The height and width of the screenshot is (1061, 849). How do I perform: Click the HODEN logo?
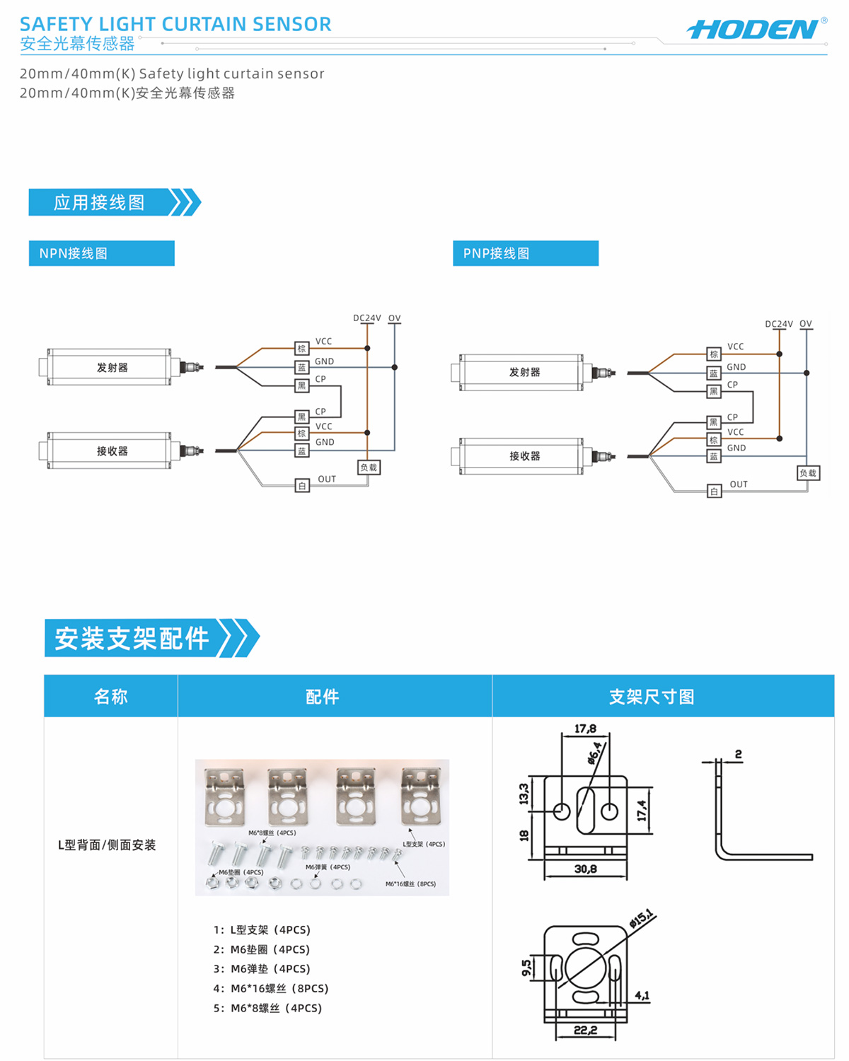click(x=754, y=30)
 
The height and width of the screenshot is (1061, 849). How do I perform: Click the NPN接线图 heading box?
click(x=101, y=253)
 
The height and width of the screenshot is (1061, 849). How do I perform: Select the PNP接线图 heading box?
click(x=525, y=253)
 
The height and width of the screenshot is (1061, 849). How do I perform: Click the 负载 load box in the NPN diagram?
click(x=369, y=468)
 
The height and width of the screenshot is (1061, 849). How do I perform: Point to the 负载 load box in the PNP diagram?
click(x=808, y=473)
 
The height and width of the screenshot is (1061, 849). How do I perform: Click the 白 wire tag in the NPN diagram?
click(x=302, y=486)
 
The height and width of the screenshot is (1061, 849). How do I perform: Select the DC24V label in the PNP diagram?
click(x=778, y=324)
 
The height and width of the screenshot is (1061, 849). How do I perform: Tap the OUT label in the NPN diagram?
click(x=327, y=480)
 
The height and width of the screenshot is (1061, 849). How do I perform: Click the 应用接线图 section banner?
click(x=100, y=202)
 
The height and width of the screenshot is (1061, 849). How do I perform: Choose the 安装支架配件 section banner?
click(x=132, y=638)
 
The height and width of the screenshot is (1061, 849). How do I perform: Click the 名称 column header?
click(x=111, y=697)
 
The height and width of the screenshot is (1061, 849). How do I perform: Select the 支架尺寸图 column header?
click(x=652, y=697)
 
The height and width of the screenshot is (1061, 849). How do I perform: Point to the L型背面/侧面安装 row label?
click(x=107, y=845)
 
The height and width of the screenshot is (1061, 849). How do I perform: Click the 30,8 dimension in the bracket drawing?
click(x=585, y=869)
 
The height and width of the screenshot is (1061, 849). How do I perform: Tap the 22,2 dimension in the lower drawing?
click(x=585, y=1030)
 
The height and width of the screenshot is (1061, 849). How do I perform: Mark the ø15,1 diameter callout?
click(x=642, y=918)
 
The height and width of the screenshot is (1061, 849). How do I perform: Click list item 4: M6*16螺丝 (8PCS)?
click(x=272, y=988)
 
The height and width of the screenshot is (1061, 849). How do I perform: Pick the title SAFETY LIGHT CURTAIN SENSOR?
click(x=175, y=24)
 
